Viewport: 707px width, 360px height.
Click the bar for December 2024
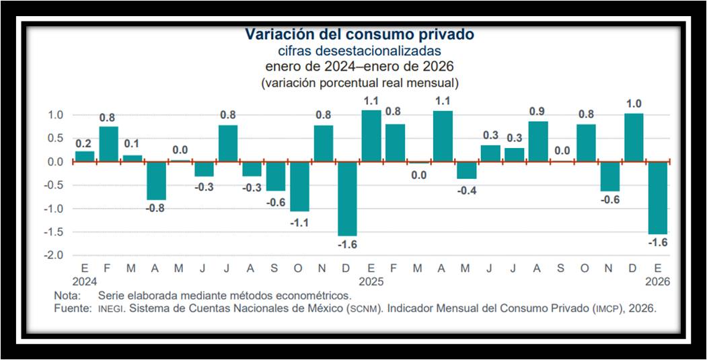(347, 199)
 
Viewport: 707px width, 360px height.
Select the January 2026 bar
(657, 197)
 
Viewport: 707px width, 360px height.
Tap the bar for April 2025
(443, 136)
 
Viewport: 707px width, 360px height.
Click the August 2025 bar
(537, 141)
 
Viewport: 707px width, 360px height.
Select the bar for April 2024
(156, 180)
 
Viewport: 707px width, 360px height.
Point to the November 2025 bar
(609, 176)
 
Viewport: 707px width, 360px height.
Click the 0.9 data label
(537, 111)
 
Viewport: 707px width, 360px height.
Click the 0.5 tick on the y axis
(57, 138)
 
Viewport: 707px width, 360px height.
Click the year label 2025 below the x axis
(371, 282)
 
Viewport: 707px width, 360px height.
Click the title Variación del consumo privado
(359, 34)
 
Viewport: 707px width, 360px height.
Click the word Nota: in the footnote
(68, 295)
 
